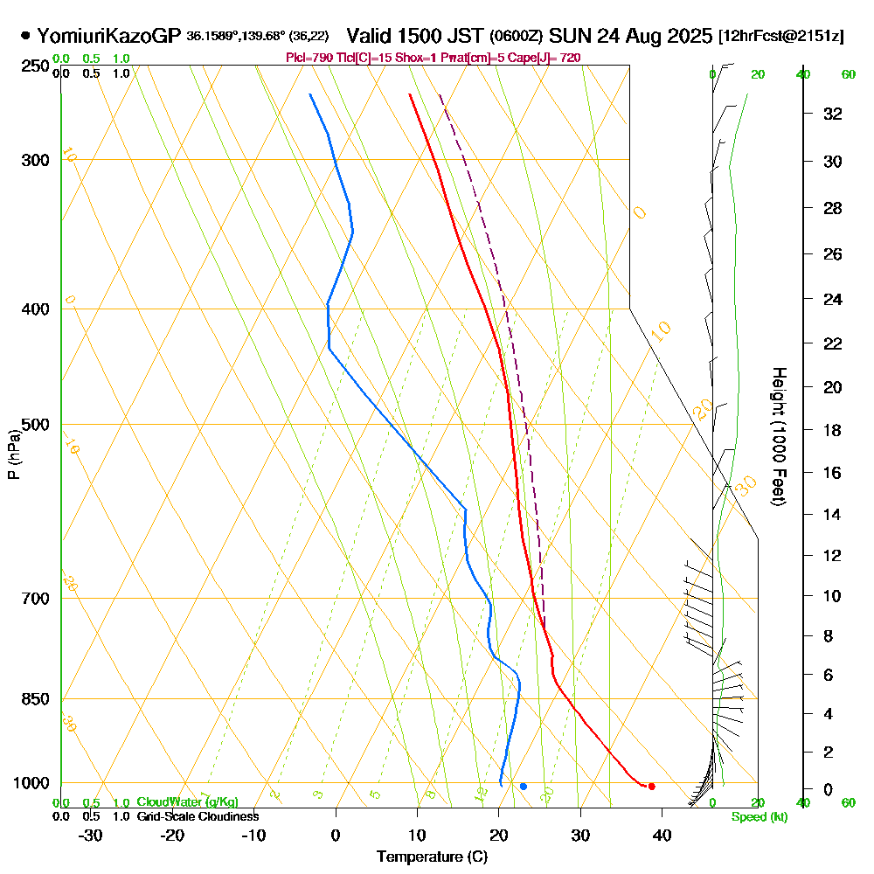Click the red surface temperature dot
(651, 787)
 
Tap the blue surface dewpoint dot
(523, 787)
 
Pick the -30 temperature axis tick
(91, 836)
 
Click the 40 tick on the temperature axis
(662, 836)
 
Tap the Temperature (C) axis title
(432, 857)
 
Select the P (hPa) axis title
(13, 454)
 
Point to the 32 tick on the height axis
(833, 114)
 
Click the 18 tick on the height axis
(833, 430)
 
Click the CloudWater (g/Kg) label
(187, 802)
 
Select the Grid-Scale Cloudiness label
(198, 816)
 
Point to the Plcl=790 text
(305, 58)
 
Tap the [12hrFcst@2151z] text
(780, 37)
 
